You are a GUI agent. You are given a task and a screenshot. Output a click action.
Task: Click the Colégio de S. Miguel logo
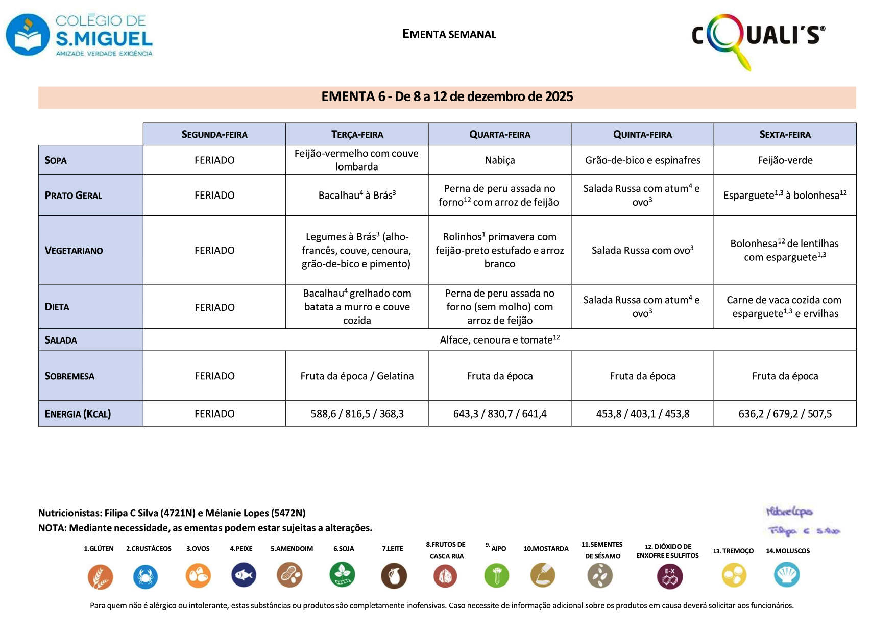coord(79,35)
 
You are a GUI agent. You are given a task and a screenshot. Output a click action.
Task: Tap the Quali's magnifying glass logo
coord(758,38)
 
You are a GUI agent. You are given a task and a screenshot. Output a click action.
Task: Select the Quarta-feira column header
coord(499,134)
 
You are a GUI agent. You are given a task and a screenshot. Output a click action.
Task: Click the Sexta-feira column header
coord(785,134)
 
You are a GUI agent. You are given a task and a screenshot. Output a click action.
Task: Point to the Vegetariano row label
coord(74,250)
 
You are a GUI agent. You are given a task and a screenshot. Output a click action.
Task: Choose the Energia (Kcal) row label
coord(78,413)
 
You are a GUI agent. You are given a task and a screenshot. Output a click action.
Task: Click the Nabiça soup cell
coord(499,160)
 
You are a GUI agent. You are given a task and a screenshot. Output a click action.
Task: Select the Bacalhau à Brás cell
coord(357,195)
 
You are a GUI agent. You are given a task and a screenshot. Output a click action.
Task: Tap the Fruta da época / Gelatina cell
coord(357,376)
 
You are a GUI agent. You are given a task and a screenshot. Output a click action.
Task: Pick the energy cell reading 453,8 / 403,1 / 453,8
coord(642,413)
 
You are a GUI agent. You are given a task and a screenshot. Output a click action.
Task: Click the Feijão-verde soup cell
coord(785,160)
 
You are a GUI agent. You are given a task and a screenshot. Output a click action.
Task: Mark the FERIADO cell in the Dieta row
coord(214,307)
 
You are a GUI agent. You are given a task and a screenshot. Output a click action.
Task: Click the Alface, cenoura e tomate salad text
coord(499,340)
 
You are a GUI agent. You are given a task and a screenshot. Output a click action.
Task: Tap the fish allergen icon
coord(244,575)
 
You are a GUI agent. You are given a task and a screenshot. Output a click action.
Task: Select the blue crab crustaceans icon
coord(146,577)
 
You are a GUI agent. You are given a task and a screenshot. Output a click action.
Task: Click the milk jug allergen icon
coord(394,576)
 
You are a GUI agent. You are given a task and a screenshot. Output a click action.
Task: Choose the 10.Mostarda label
coord(546,549)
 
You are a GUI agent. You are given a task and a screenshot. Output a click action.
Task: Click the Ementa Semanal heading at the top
coord(449,34)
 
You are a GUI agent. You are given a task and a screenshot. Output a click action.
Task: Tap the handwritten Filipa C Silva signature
coord(804,531)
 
